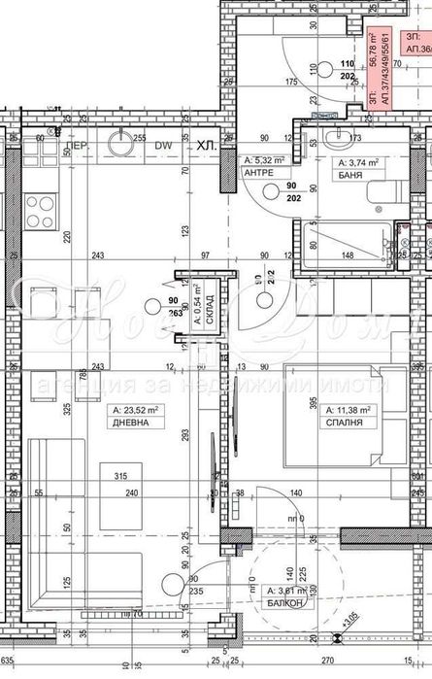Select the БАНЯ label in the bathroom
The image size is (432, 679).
(348, 177)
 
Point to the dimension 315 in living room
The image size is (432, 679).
(121, 476)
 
